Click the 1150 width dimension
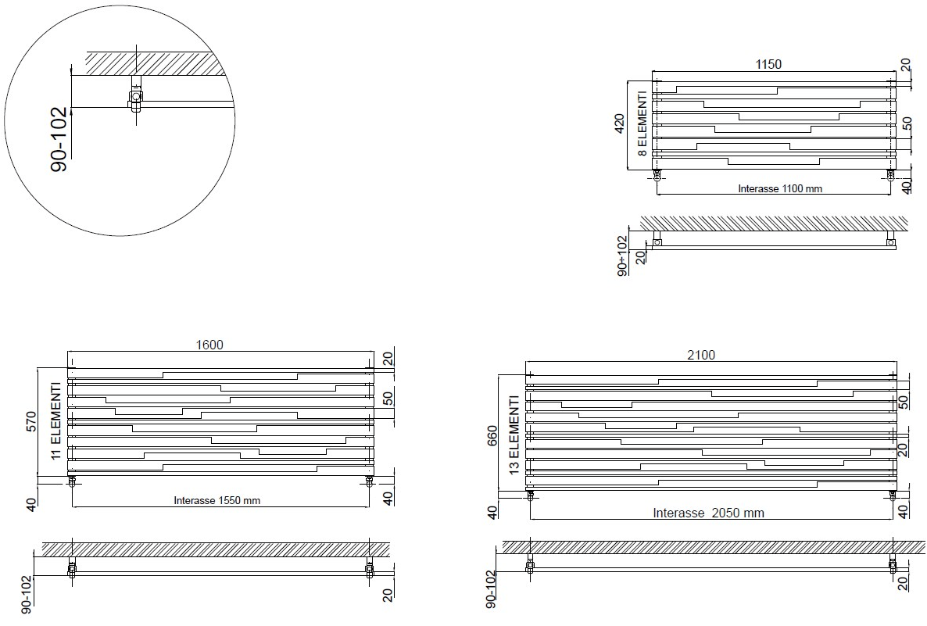[768, 64]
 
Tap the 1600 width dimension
[209, 345]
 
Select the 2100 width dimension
[701, 355]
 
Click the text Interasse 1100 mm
[780, 188]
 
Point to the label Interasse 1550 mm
[217, 500]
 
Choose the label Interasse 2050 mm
[708, 513]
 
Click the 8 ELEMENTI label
[642, 123]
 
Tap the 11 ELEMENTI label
[55, 420]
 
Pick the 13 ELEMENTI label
[514, 435]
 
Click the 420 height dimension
[619, 123]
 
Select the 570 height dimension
[32, 421]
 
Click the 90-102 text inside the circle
[59, 140]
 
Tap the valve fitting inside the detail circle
[135, 97]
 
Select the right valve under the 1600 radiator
[370, 481]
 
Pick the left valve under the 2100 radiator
[530, 495]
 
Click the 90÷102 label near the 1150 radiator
[622, 256]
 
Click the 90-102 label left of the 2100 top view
[490, 589]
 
